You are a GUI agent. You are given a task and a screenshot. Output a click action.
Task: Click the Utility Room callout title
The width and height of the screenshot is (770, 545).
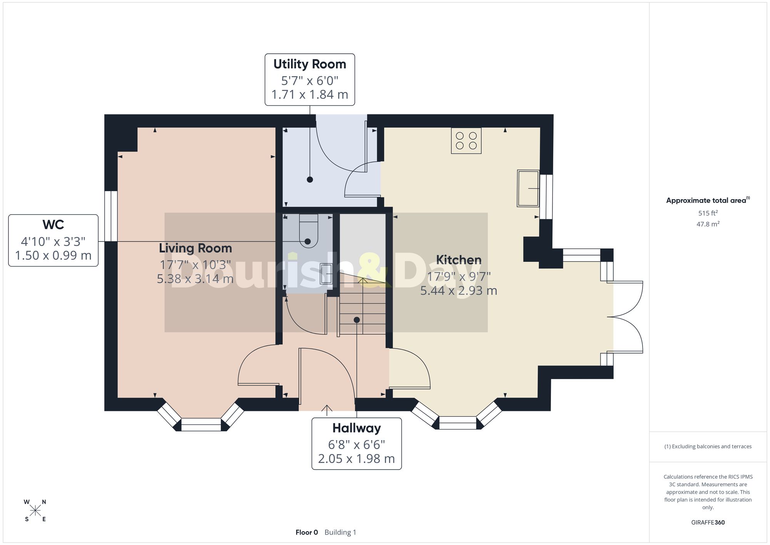(310, 64)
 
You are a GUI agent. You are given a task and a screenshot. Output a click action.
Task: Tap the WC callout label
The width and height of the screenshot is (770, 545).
(53, 225)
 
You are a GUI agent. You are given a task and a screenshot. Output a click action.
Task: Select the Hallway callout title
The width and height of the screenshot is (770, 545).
(357, 428)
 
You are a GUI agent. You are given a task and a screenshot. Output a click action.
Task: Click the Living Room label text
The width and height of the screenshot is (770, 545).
(196, 248)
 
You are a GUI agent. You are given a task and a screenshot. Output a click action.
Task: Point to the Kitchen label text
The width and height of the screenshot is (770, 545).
(459, 260)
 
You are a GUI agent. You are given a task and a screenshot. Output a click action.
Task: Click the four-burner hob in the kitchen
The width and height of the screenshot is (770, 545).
(466, 141)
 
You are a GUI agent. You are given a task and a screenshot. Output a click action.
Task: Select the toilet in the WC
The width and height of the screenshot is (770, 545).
(308, 231)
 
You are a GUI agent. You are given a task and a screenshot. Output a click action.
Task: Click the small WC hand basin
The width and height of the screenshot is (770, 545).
(326, 273)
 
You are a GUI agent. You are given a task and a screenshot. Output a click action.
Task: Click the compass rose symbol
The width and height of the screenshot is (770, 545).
(35, 511)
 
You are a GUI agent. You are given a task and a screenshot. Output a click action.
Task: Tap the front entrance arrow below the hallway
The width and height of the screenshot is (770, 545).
(327, 411)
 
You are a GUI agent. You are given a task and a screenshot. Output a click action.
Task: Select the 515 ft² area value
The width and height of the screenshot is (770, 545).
(708, 213)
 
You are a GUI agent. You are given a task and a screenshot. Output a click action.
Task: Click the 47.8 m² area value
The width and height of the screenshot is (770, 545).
(708, 224)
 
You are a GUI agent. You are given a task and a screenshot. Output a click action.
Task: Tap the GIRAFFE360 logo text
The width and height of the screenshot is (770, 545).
(708, 523)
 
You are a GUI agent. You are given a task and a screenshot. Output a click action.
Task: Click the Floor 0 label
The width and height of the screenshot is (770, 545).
(307, 532)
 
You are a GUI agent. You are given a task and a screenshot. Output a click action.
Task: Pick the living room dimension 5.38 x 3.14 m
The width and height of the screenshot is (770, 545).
(195, 278)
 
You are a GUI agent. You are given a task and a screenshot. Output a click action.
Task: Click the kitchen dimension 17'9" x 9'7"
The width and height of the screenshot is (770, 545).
(459, 277)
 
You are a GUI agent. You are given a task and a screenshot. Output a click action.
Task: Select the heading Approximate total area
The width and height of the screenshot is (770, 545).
(708, 200)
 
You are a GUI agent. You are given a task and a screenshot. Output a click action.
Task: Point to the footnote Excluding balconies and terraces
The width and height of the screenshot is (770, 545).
(708, 446)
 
